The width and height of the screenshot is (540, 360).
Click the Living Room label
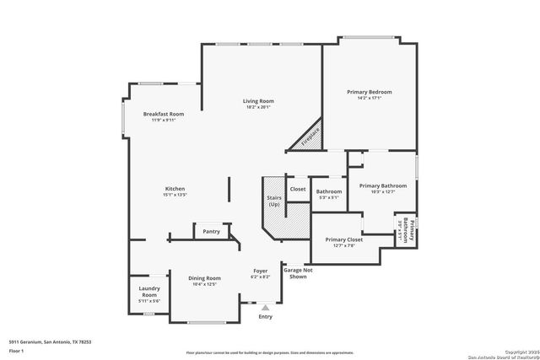click(x=260, y=101)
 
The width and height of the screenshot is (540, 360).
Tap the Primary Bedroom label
click(x=370, y=92)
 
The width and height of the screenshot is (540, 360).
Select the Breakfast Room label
click(x=163, y=114)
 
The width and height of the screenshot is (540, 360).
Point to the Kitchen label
click(x=175, y=189)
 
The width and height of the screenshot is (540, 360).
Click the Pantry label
click(x=211, y=231)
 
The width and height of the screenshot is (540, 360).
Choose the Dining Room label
click(x=204, y=278)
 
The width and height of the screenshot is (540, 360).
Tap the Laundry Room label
click(x=149, y=292)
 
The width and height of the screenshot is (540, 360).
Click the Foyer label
click(x=261, y=271)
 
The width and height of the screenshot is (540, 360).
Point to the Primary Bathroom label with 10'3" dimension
click(x=383, y=185)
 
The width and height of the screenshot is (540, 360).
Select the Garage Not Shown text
click(x=299, y=273)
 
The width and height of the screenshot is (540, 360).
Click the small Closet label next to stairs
click(x=298, y=189)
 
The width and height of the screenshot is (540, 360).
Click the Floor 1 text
click(x=16, y=350)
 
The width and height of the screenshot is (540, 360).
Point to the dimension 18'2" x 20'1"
click(x=260, y=107)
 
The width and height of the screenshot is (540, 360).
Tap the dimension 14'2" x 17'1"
click(x=370, y=98)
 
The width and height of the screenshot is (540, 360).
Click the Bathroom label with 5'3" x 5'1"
click(x=329, y=191)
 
